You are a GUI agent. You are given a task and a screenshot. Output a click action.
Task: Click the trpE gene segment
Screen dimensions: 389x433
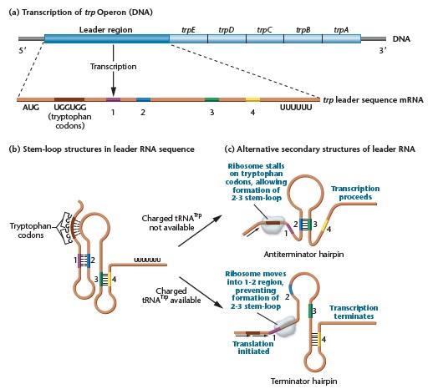coord(190,39)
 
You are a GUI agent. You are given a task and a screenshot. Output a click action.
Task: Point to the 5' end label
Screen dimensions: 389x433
coord(33,51)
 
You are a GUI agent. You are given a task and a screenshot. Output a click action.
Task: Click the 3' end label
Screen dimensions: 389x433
coord(382,51)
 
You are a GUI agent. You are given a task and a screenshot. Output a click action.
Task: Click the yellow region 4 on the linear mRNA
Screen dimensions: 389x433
coord(253,99)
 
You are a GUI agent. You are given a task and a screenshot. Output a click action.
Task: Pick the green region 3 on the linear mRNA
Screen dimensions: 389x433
coord(211,99)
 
